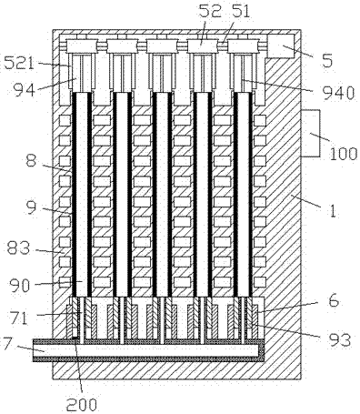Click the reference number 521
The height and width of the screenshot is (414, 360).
click(18, 64)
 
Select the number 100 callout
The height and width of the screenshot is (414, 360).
click(344, 154)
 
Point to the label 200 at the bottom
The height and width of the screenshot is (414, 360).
click(82, 404)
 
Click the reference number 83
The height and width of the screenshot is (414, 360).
click(18, 248)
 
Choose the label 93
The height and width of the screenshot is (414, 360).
click(340, 340)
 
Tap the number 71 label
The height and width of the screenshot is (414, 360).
click(19, 318)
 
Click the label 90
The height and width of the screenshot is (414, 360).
click(20, 286)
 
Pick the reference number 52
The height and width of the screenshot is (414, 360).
click(210, 12)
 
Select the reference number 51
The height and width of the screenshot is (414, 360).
click(239, 12)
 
